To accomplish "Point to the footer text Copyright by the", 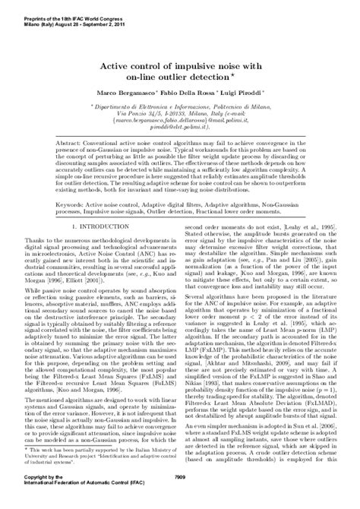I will click(x=28, y=496).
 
